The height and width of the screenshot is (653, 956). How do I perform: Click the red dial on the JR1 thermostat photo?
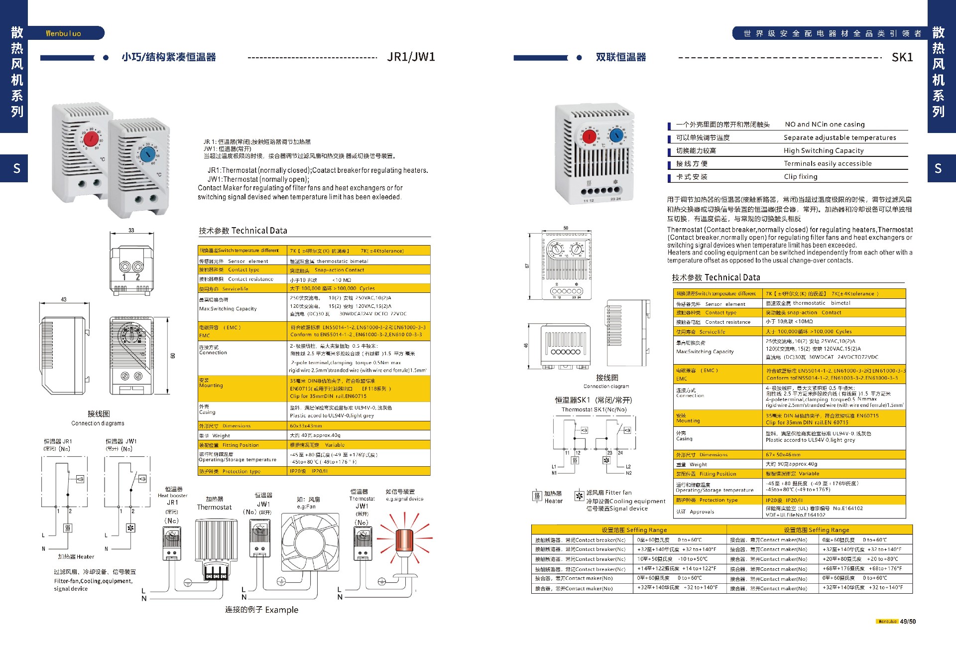[91, 138]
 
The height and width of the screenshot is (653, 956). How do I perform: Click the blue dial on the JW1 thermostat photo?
[147, 155]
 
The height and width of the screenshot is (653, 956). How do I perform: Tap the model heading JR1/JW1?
[411, 57]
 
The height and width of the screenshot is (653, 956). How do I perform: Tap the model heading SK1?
[902, 57]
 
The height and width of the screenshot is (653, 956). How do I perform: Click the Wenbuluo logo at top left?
[63, 33]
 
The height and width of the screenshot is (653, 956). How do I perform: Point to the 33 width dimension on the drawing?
[131, 230]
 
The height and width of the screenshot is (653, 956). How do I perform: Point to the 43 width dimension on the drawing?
[63, 299]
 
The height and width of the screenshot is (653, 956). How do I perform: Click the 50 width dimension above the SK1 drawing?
[566, 228]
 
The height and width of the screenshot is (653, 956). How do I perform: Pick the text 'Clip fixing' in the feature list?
[800, 176]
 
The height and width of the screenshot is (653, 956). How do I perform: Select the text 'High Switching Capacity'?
[823, 150]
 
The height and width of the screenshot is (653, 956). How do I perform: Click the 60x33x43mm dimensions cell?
[306, 426]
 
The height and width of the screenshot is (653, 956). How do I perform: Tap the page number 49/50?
[908, 621]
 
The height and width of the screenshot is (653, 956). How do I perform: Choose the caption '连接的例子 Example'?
[261, 610]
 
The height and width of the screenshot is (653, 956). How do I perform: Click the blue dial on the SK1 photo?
[616, 135]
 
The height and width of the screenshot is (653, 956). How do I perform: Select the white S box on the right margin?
[938, 168]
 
